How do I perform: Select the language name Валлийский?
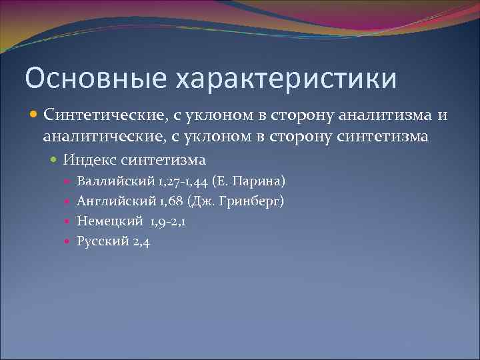[x=113, y=181]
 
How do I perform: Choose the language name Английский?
[x=113, y=201]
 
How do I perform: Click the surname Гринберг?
[x=257, y=201]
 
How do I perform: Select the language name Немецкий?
[x=110, y=221]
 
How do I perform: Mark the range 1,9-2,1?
[x=169, y=221]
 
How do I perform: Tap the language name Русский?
[x=103, y=241]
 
